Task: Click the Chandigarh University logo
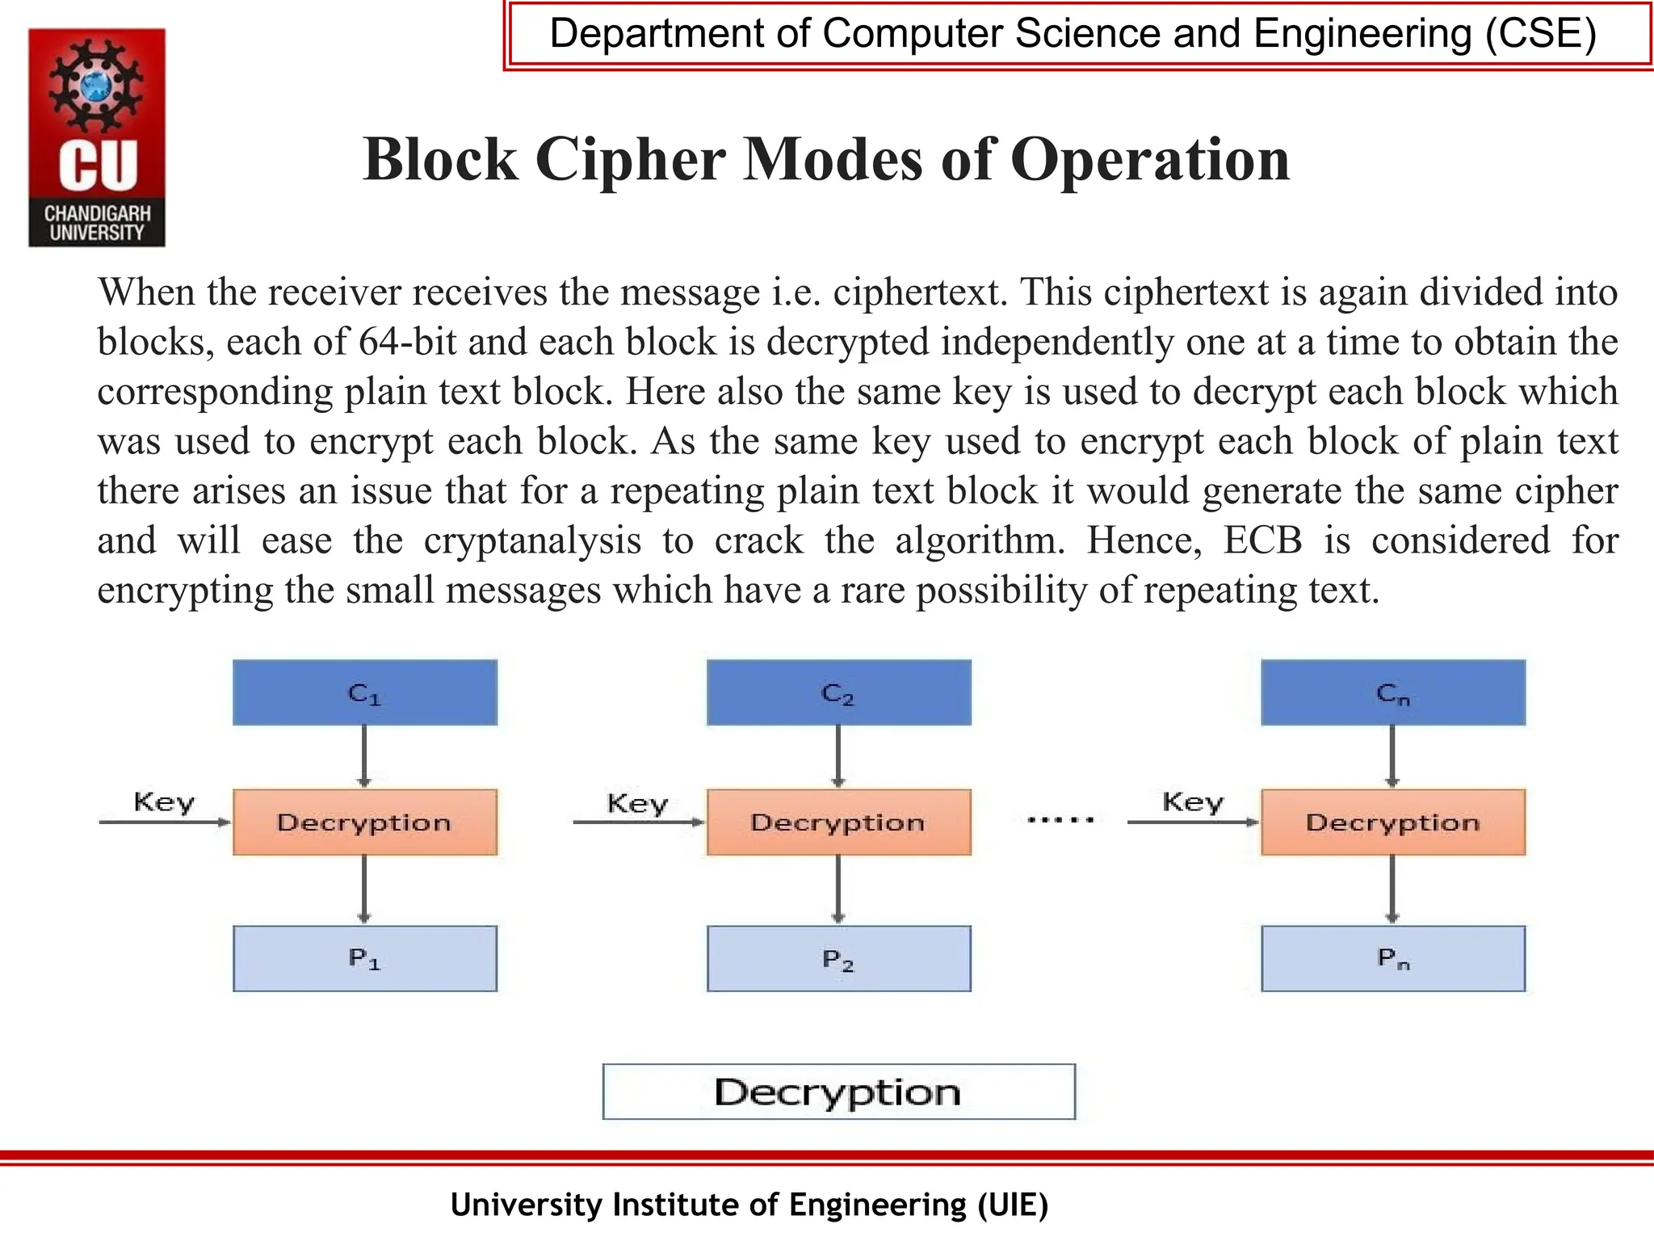[97, 137]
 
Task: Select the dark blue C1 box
[365, 692]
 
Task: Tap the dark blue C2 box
[838, 692]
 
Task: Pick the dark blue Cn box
[1393, 692]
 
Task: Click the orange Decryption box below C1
[365, 822]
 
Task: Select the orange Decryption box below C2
[838, 822]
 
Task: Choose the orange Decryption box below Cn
[1393, 822]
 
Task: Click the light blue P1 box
[365, 958]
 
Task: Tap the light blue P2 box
[838, 958]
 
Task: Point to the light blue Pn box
[1393, 958]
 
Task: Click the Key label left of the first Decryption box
[164, 802]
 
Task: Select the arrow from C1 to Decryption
[364, 756]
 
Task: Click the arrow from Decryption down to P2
[838, 890]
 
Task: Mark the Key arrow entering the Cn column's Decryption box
[1192, 822]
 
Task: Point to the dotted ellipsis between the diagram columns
[1060, 820]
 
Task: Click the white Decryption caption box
[838, 1092]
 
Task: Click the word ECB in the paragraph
[1262, 541]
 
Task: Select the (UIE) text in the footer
[1012, 1205]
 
